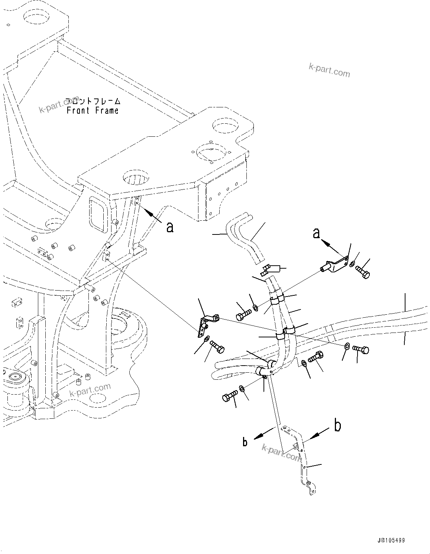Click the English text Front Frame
[93, 110]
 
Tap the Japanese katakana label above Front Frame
[93, 101]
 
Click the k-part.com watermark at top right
[329, 69]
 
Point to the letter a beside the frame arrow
[170, 227]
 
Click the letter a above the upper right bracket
[316, 233]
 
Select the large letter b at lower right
[337, 426]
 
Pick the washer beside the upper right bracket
[352, 264]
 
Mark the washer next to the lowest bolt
[242, 388]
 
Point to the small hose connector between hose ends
[268, 269]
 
